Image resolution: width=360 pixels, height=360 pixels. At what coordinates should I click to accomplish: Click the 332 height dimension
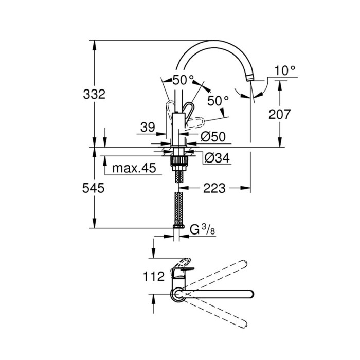[95, 94]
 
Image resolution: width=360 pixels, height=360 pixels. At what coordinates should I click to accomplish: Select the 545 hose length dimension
[95, 188]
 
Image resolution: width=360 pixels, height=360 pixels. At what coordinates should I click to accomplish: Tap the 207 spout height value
[280, 114]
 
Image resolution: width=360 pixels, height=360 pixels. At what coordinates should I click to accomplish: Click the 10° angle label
[285, 70]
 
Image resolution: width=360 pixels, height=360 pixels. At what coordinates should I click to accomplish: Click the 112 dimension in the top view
[153, 276]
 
